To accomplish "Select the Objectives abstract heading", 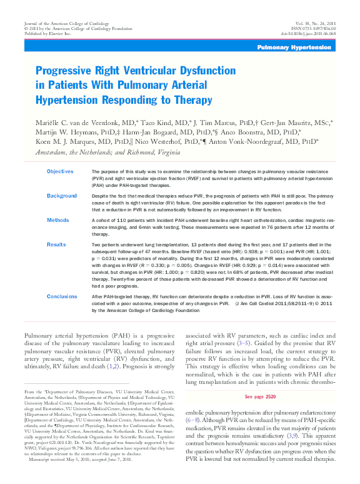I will (x=60, y=171).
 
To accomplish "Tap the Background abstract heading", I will (x=62, y=196).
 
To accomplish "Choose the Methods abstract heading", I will (x=58, y=220).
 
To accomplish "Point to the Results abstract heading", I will (x=56, y=245).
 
